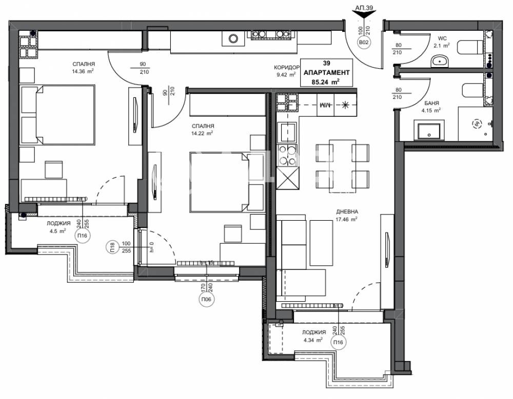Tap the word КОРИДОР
pyautogui.click(x=285, y=67)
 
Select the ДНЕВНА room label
pyautogui.click(x=347, y=211)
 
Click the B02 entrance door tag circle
pyautogui.click(x=363, y=43)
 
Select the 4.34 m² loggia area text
pyautogui.click(x=312, y=340)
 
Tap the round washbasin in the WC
pyautogui.click(x=439, y=61)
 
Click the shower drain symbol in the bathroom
pyautogui.click(x=477, y=123)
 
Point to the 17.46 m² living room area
pyautogui.click(x=347, y=219)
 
